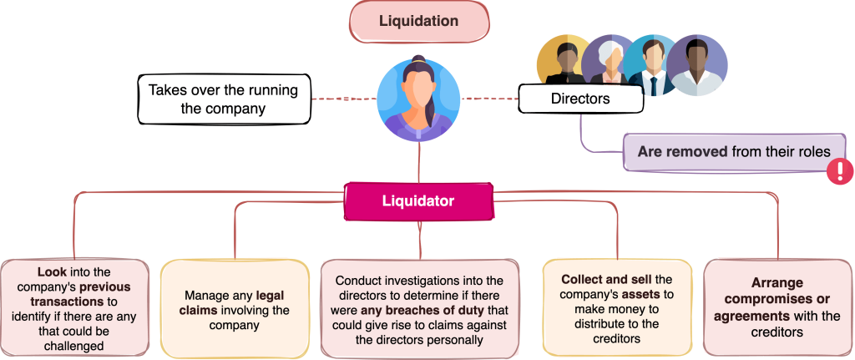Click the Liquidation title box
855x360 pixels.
tap(418, 21)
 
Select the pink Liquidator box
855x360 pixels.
tap(418, 201)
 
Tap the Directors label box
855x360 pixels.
tap(580, 99)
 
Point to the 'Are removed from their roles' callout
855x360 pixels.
tap(733, 152)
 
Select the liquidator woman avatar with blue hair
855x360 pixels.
tap(418, 99)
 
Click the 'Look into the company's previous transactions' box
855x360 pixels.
tap(75, 307)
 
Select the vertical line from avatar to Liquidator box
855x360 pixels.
tap(418, 163)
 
